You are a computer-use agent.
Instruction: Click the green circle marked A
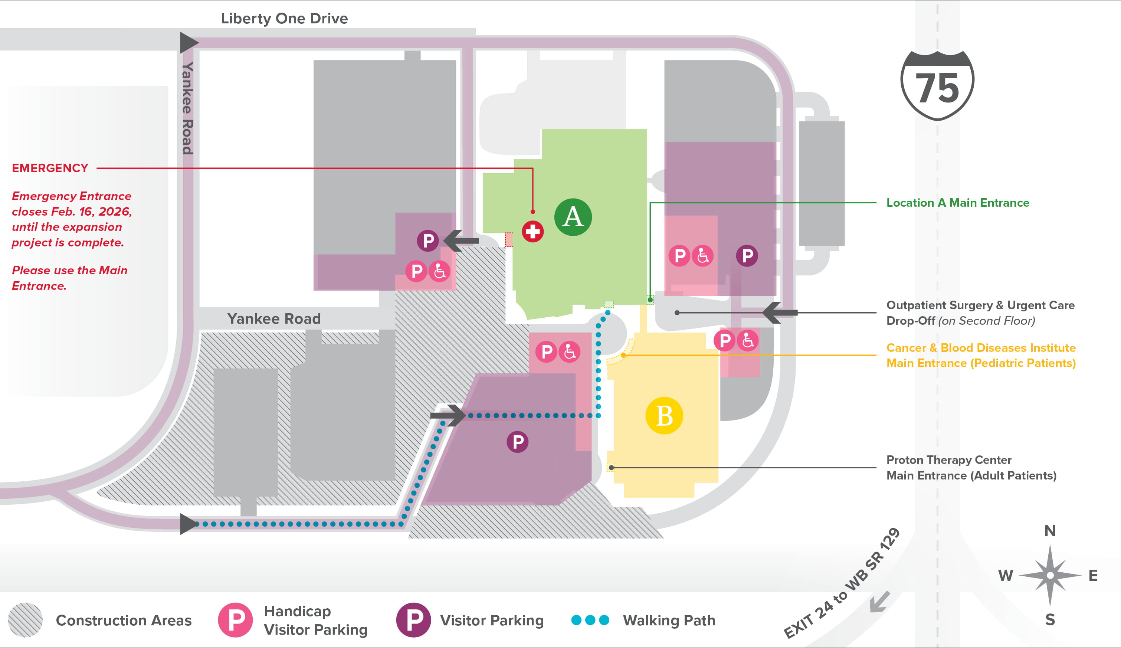(573, 217)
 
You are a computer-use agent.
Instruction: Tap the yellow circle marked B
(664, 416)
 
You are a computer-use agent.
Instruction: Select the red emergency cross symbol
(532, 232)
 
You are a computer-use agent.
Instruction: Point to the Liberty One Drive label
(284, 19)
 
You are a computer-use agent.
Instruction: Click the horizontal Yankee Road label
(273, 319)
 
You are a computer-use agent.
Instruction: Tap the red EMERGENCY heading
(50, 168)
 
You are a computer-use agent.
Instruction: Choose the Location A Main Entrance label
(958, 203)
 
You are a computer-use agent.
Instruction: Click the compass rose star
(1050, 576)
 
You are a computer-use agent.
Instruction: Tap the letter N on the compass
(1050, 531)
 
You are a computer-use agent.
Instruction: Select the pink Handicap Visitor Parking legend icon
(235, 620)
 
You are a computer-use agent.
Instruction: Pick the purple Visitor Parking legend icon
(413, 620)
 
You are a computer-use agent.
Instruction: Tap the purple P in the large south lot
(517, 442)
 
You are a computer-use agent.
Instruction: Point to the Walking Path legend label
(669, 621)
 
